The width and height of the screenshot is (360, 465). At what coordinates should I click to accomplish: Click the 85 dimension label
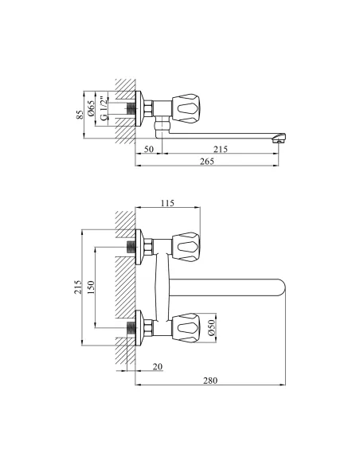coord(80,115)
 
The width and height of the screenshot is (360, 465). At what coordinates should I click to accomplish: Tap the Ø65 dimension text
coord(91,108)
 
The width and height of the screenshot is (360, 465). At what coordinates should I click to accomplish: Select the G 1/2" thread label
coord(104,108)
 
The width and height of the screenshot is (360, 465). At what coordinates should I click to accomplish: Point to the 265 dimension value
coord(207,161)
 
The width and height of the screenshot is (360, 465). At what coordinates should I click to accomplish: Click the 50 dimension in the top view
coord(149,149)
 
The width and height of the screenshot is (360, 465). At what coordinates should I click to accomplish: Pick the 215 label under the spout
coord(221,149)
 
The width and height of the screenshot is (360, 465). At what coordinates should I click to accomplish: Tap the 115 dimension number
coord(167,203)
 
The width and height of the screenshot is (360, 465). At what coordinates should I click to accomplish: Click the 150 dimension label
coord(91,287)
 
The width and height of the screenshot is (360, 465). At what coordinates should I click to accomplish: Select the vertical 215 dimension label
coord(78,287)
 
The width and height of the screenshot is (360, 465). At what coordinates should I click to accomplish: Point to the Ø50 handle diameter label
coord(211,328)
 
